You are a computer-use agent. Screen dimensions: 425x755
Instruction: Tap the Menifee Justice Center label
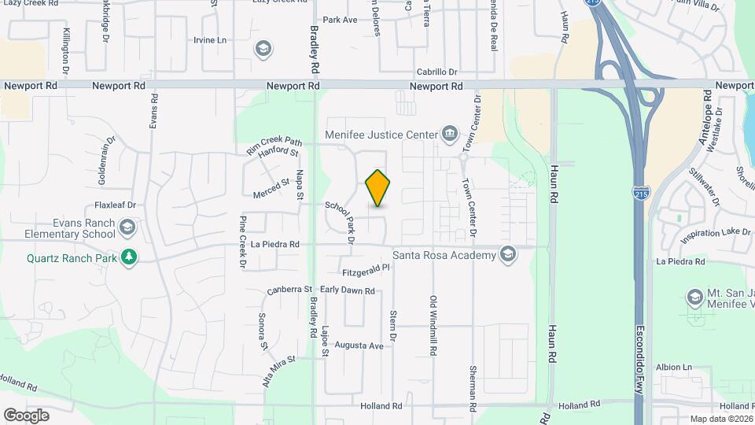coord(381,135)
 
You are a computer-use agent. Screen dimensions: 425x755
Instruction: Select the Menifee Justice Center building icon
coord(449,133)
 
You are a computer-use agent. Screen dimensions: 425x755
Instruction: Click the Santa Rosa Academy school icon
coord(508,253)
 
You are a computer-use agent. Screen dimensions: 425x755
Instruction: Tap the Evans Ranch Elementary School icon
coord(127,228)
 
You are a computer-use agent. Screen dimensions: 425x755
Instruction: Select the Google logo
coord(26,415)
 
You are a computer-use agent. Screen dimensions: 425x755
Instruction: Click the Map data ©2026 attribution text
coord(721,419)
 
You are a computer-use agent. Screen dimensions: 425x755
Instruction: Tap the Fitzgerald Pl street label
coord(366,272)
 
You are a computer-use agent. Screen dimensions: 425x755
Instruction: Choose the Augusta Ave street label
coord(359,345)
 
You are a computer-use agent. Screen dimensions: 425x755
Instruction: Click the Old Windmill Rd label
coord(433,323)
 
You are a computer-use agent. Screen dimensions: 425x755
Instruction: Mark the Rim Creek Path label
coord(274,142)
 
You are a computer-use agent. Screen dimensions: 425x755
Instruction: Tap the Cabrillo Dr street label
coord(437,72)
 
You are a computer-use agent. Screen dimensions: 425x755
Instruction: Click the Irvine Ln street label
coord(210,39)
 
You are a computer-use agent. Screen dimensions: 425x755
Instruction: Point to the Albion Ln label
coord(673,367)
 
